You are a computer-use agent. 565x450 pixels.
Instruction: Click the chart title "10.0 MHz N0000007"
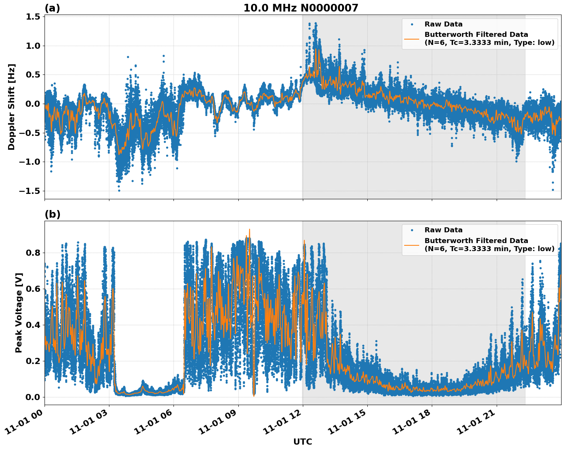[x=301, y=8]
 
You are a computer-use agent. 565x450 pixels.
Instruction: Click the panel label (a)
[x=52, y=8]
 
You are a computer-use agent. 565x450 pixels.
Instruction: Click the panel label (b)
[x=52, y=214]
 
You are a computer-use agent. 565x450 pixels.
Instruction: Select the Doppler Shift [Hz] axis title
[x=12, y=107]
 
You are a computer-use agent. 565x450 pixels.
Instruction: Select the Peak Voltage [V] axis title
[x=18, y=313]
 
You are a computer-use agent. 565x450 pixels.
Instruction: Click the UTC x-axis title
[x=302, y=442]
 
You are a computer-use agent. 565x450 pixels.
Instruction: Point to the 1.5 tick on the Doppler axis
[x=33, y=17]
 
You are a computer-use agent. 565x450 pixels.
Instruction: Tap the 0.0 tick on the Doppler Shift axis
[x=33, y=104]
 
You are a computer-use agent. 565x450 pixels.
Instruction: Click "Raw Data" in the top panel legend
[x=443, y=24]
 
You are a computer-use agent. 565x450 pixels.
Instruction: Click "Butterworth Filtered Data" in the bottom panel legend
[x=476, y=241]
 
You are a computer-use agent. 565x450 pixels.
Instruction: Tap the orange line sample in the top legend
[x=411, y=38]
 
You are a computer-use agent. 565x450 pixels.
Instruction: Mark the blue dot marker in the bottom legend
[x=411, y=230]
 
